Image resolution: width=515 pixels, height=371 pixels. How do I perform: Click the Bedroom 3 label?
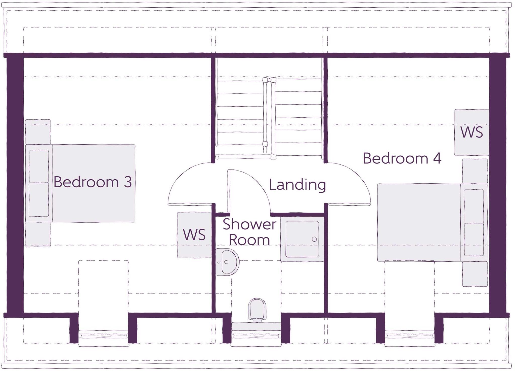93,182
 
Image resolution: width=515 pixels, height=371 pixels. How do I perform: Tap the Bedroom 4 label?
402,158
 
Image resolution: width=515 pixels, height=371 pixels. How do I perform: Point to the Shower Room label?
249,232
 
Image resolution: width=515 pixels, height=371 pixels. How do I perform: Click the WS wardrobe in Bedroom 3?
194,235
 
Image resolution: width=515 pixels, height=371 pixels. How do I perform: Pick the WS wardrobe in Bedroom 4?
471,132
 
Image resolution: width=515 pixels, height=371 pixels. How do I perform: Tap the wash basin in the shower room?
227,262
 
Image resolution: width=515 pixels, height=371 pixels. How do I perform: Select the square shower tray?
302,239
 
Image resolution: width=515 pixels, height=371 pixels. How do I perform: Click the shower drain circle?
314,239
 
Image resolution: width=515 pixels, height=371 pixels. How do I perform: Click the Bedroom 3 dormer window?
103,336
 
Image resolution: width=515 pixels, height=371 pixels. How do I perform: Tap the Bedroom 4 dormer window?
409,336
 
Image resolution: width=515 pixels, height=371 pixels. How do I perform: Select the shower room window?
256,336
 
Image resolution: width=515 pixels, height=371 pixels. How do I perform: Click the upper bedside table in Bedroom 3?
38,132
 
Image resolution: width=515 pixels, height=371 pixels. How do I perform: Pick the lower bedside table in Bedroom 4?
475,274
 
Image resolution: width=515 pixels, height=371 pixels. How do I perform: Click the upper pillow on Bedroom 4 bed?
474,206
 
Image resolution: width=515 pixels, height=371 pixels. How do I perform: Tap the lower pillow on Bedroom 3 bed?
39,199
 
